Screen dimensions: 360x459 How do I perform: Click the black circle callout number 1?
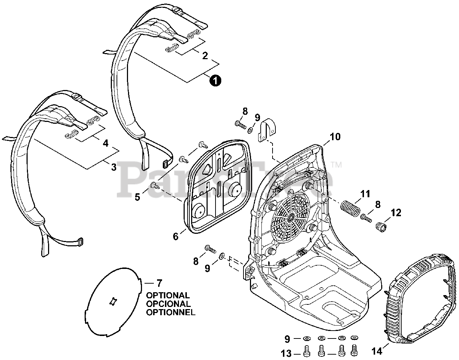215,81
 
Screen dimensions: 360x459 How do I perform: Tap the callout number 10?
335,137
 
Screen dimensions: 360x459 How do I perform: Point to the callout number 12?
396,213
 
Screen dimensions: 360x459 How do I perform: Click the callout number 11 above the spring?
365,194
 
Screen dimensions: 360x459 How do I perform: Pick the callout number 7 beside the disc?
159,283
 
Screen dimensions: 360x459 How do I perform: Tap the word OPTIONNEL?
170,312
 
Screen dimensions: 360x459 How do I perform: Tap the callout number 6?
175,236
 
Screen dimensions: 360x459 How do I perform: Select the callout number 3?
114,167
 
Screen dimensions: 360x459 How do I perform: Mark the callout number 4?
105,143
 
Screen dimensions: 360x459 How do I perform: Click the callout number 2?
205,56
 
